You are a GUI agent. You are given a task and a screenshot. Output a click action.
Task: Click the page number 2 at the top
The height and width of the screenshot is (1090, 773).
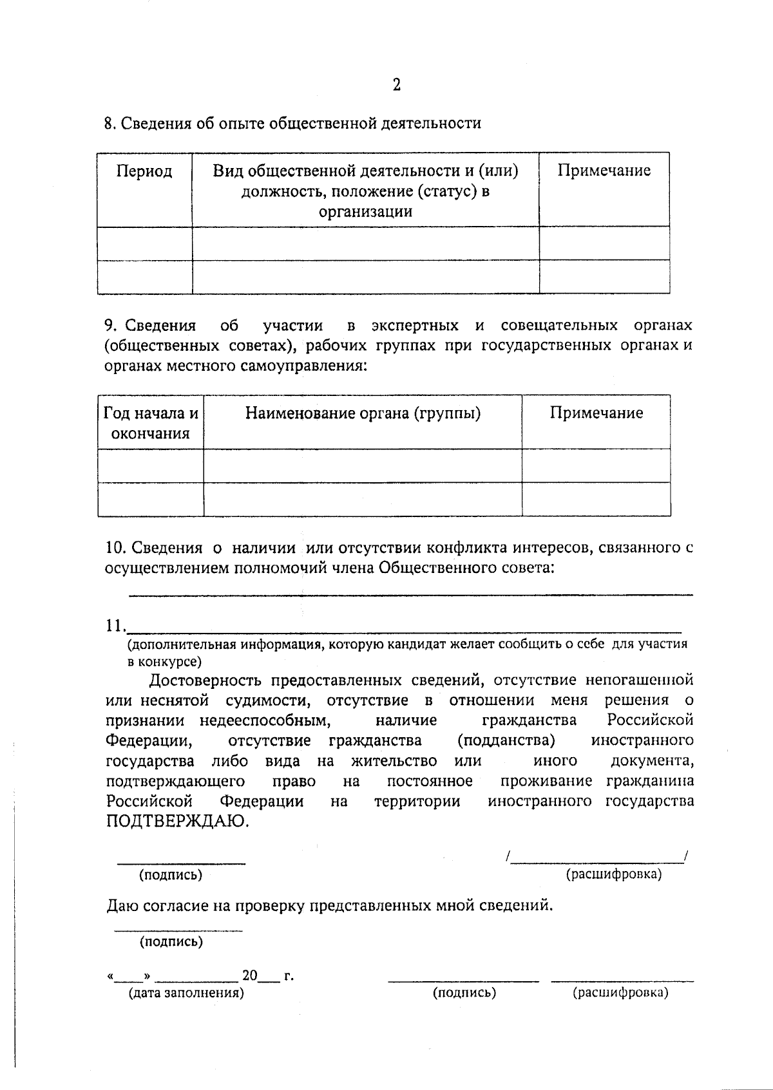396,85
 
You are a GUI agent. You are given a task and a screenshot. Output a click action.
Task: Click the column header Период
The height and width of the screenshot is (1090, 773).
144,171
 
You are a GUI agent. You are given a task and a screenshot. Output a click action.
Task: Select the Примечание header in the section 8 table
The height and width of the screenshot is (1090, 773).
604,171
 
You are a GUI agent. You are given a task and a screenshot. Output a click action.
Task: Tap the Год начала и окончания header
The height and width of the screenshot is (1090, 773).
151,423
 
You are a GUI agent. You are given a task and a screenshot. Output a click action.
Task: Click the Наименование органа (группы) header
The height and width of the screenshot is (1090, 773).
363,413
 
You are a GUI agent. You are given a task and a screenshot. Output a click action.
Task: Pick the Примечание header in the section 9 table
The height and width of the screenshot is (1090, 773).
596,413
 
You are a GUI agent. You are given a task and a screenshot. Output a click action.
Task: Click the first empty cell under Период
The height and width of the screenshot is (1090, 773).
145,243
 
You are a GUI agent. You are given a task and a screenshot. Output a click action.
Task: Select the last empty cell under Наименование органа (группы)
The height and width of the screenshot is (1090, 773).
363,499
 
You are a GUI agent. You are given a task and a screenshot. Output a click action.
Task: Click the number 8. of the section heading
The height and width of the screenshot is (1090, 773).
110,124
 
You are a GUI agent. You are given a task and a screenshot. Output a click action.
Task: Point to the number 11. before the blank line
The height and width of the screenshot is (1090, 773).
115,626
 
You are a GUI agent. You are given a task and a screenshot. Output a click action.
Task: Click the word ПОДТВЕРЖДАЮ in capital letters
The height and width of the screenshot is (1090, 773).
177,822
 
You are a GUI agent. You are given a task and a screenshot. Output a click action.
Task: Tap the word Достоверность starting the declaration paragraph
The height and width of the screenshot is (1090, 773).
205,681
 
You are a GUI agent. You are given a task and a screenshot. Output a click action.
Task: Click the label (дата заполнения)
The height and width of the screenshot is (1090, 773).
186,993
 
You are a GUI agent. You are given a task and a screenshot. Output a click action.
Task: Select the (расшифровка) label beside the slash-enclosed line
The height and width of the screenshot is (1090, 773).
613,874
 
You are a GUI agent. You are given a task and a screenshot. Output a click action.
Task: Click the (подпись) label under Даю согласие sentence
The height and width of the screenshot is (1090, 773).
171,942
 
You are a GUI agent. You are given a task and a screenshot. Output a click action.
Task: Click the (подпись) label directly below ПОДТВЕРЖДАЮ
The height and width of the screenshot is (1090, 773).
171,875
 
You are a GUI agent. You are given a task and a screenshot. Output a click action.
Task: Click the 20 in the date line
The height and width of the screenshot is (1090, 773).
249,976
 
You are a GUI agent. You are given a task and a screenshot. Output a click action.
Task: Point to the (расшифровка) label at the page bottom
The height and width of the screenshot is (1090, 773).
620,993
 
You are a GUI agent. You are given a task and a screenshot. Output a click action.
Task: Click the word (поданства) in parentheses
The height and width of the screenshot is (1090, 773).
506,740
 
